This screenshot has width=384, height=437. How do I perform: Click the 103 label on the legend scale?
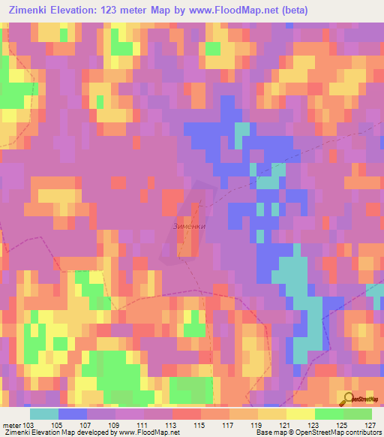click(x=29, y=424)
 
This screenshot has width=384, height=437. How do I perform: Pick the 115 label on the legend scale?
click(x=201, y=424)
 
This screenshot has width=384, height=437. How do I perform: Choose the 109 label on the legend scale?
click(x=115, y=424)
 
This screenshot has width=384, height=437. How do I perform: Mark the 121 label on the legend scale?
click(x=286, y=424)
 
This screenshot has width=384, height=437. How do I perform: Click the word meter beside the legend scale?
click(x=10, y=424)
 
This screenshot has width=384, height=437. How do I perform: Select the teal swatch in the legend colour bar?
click(x=43, y=414)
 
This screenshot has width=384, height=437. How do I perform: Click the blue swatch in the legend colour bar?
click(x=72, y=414)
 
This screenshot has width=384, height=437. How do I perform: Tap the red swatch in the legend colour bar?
click(x=187, y=414)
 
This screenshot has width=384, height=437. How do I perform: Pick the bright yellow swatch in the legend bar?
click(x=301, y=414)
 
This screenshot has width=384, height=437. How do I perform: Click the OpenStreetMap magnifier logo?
click(x=348, y=399)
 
